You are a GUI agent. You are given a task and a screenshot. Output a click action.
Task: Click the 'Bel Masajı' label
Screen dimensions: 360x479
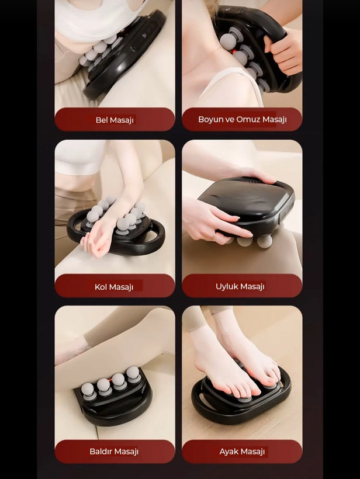115,120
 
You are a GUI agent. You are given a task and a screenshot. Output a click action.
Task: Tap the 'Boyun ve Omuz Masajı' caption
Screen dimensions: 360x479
242,119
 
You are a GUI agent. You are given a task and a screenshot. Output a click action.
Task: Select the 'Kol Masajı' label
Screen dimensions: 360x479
114,287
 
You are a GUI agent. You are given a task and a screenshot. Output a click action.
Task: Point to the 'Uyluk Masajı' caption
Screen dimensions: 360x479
240,286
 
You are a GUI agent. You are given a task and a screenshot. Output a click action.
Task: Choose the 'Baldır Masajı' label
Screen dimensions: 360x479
114,451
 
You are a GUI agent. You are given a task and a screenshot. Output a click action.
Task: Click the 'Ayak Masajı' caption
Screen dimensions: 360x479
242,451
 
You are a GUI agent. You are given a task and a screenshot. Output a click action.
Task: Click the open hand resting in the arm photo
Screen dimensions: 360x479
97,239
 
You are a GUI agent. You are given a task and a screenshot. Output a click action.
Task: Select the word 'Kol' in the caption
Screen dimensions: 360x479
101,287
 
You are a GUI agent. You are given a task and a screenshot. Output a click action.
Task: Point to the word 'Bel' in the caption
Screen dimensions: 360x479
102,120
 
